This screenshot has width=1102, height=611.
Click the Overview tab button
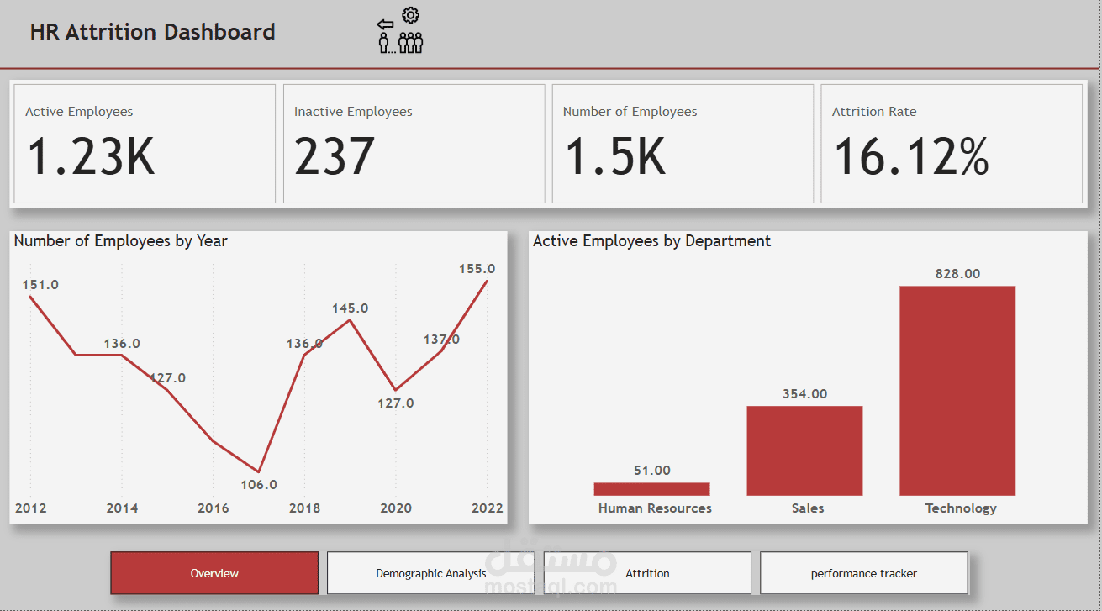pyautogui.click(x=214, y=573)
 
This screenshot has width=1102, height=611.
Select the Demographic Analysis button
pyautogui.click(x=430, y=573)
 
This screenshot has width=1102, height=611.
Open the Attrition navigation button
pyautogui.click(x=647, y=573)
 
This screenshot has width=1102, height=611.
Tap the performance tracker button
pyautogui.click(x=863, y=573)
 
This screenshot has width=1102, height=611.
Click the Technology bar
pyautogui.click(x=957, y=391)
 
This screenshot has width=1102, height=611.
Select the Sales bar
pyautogui.click(x=804, y=450)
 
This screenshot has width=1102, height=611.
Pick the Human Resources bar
pyautogui.click(x=651, y=489)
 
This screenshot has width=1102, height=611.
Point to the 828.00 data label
pyautogui.click(x=957, y=274)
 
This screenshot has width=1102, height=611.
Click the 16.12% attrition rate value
pyautogui.click(x=910, y=157)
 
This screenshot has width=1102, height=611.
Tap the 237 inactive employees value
pyautogui.click(x=335, y=157)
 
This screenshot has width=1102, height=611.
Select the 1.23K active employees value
pyautogui.click(x=91, y=157)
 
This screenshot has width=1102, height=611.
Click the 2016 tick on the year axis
pyautogui.click(x=213, y=508)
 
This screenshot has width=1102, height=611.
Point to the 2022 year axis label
pyautogui.click(x=488, y=508)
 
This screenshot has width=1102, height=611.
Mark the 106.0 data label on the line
pyautogui.click(x=259, y=485)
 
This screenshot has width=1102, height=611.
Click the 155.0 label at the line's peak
pyautogui.click(x=477, y=269)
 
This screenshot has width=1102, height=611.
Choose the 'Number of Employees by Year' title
pyautogui.click(x=121, y=241)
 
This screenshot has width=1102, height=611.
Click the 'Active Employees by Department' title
pyautogui.click(x=651, y=241)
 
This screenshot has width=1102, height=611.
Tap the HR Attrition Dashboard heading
pyautogui.click(x=152, y=32)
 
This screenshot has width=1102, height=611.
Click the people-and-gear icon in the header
pyautogui.click(x=400, y=31)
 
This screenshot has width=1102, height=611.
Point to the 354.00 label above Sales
pyautogui.click(x=804, y=394)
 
